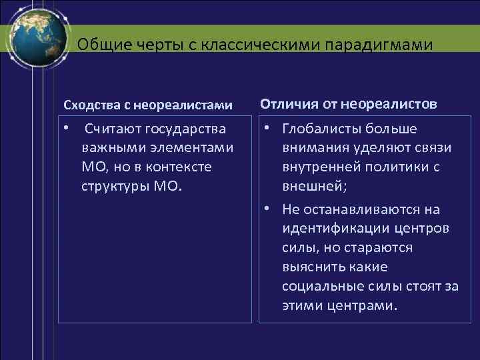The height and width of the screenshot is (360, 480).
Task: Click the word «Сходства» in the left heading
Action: pyautogui.click(x=88, y=105)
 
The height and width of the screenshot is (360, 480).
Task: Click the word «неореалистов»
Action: pyautogui.click(x=389, y=104)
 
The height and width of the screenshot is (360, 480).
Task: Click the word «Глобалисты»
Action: pyautogui.click(x=320, y=129)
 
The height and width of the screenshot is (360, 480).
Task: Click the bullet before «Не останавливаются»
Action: pyautogui.click(x=266, y=209)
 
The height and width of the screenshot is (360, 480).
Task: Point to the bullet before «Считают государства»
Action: pyautogui.click(x=66, y=127)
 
